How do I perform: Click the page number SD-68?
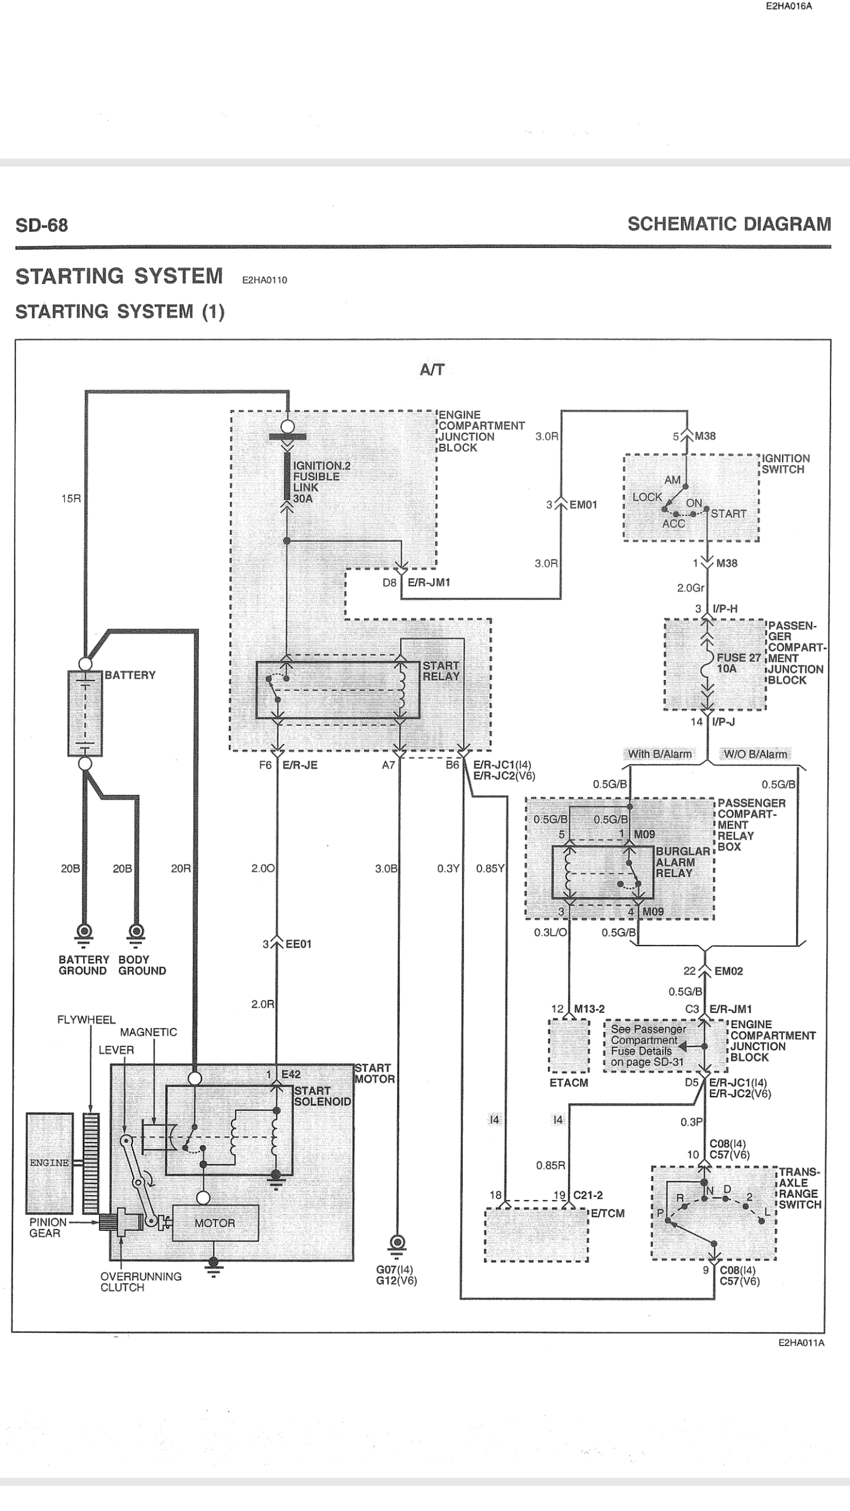click(x=42, y=225)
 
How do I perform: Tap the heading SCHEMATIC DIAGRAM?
click(x=729, y=224)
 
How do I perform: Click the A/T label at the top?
click(x=432, y=370)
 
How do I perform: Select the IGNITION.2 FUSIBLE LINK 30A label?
click(x=321, y=482)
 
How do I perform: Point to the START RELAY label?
click(x=441, y=671)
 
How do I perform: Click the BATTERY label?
click(x=130, y=675)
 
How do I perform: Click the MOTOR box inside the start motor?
click(x=215, y=1223)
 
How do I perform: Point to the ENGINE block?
click(x=49, y=1162)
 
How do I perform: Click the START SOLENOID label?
click(x=322, y=1095)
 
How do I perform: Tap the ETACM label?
click(x=569, y=1083)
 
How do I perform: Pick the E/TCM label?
click(x=608, y=1213)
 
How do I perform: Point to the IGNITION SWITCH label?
click(x=786, y=464)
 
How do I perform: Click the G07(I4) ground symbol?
click(x=397, y=1243)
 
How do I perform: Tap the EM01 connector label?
click(x=583, y=505)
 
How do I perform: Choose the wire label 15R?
click(x=71, y=499)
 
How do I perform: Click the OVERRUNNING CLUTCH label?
click(x=140, y=1282)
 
